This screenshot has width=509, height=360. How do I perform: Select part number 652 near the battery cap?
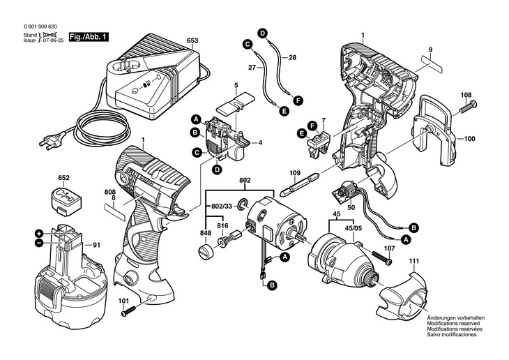coord(63,179)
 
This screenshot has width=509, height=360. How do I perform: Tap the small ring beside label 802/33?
coord(241,204)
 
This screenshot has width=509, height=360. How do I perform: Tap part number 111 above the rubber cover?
coord(415,262)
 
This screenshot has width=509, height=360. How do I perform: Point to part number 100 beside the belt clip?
coord(469,139)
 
